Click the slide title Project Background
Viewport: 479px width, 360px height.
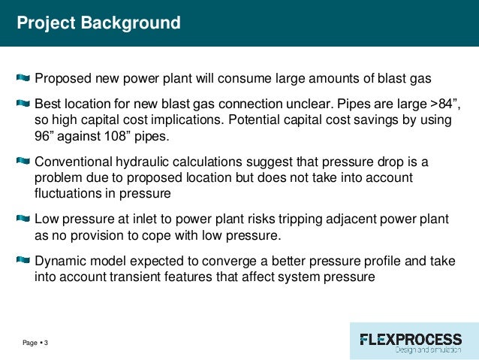[98, 23]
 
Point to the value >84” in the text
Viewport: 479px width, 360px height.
[439, 103]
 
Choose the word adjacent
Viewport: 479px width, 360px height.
[339, 219]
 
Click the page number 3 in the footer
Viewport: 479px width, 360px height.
[46, 343]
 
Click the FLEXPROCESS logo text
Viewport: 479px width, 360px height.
[411, 338]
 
